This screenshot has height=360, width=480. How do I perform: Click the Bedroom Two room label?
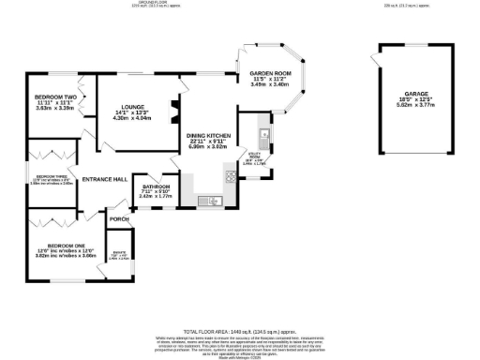pos(52,97)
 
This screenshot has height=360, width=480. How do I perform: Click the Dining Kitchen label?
pos(208,136)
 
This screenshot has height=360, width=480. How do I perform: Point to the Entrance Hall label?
pos(105,179)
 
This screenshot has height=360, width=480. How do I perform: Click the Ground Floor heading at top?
pos(142,3)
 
